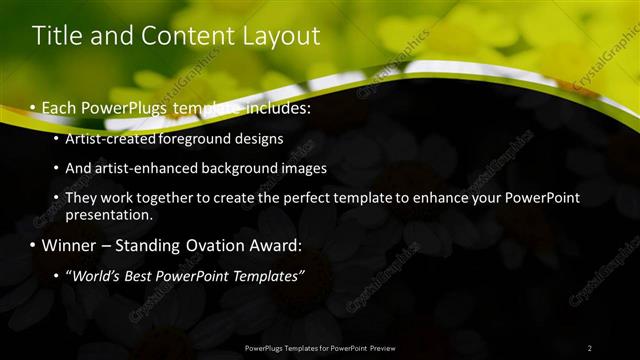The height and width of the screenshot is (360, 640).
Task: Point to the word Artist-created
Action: [x=110, y=139]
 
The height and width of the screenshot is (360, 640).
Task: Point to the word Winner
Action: [x=70, y=245]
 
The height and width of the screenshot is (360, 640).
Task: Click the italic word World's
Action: [x=96, y=276]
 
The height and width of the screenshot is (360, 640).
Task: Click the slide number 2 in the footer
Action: [x=589, y=348]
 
